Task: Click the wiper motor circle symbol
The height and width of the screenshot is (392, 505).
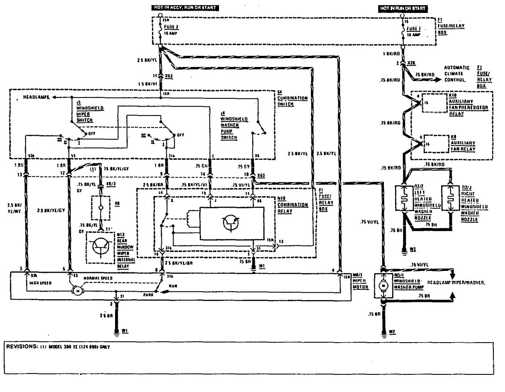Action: click(x=78, y=291)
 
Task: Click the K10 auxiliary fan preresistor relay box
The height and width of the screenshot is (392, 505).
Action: click(x=434, y=103)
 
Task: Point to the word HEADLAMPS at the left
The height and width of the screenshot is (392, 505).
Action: click(x=35, y=98)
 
